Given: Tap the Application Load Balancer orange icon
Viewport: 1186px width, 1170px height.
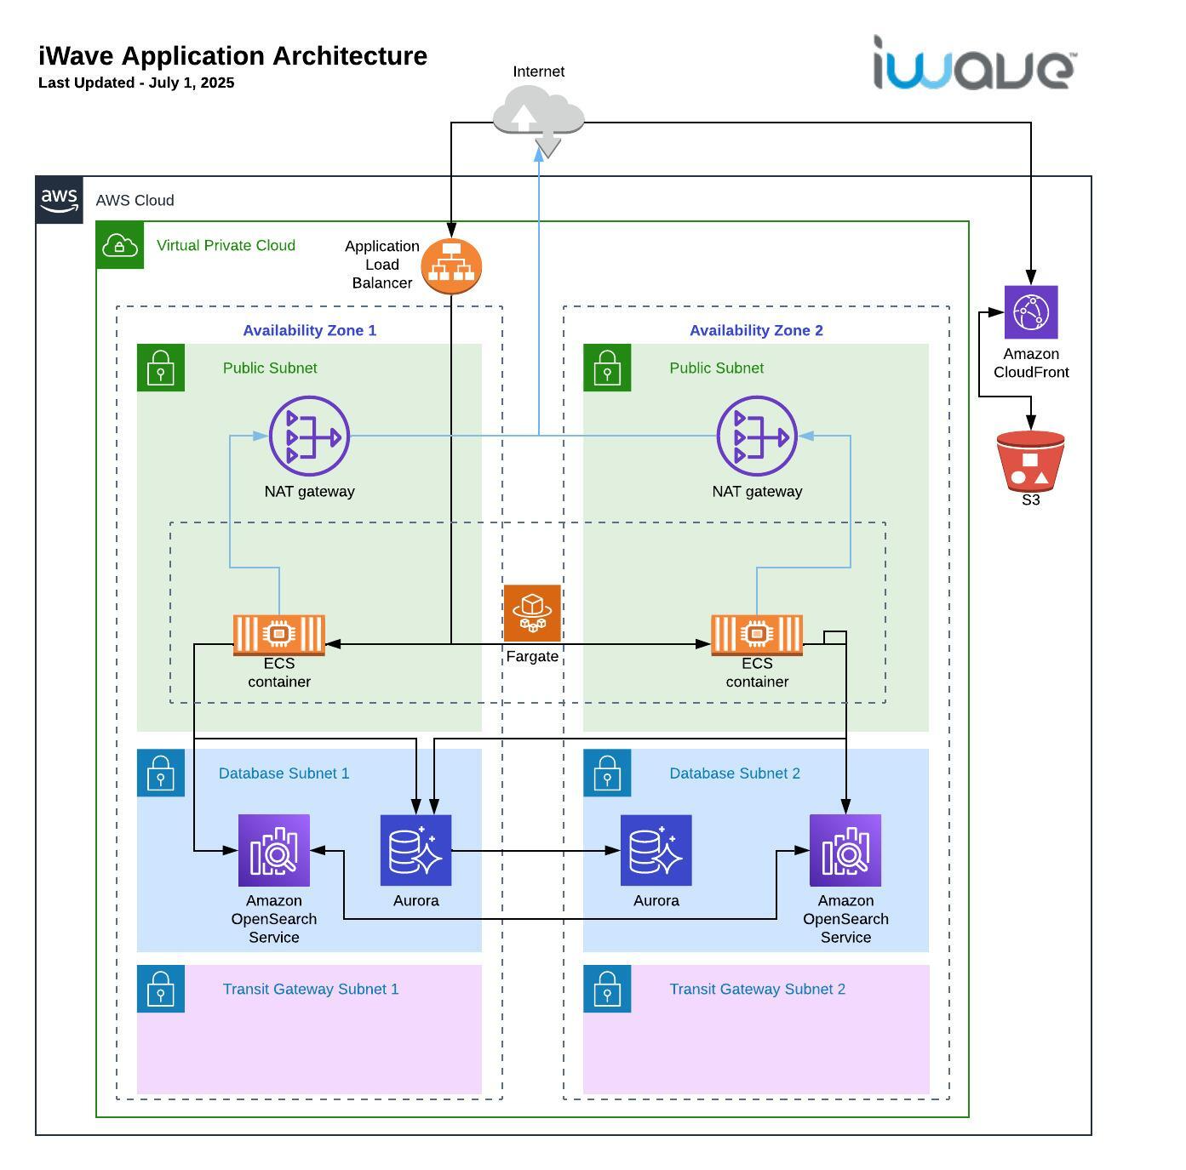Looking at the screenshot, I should [x=451, y=266].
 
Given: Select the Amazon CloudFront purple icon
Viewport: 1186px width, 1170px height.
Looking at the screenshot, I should [x=1030, y=312].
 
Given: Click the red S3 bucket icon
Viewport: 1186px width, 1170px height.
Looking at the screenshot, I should [x=1030, y=461].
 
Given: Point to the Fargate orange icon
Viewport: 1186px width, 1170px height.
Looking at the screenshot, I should [x=532, y=614].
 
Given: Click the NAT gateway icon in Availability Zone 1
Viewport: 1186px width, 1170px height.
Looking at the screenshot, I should [x=310, y=436].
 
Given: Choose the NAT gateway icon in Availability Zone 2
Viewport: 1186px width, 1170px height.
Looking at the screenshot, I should [x=757, y=436].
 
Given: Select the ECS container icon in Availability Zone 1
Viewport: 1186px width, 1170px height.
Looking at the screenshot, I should [x=279, y=635].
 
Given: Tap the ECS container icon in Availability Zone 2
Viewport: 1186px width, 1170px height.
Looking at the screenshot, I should [x=757, y=635].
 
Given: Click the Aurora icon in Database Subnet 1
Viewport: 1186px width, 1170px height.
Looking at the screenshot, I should [x=415, y=850].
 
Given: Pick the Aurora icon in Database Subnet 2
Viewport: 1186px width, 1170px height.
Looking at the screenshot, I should [x=656, y=850].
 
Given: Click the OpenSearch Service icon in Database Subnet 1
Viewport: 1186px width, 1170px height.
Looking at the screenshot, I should [x=273, y=850].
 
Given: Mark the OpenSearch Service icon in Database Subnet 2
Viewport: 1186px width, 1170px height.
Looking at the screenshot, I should [x=845, y=850].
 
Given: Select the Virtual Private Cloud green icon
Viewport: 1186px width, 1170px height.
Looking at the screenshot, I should [x=120, y=245].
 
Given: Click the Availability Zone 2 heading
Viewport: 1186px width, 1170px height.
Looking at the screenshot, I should [x=756, y=330].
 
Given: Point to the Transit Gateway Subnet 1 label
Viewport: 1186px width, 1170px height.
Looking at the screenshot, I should [x=311, y=989].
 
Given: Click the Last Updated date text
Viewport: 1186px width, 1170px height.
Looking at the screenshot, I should [x=136, y=83].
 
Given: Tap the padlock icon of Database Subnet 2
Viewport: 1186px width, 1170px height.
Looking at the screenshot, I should [x=607, y=773].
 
